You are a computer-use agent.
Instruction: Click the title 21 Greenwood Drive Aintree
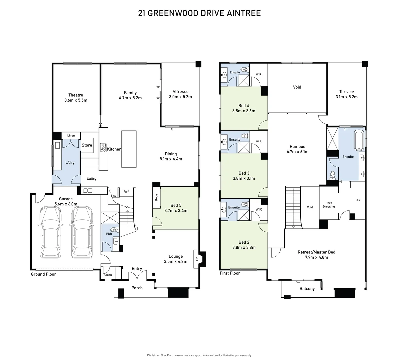pos(199,13)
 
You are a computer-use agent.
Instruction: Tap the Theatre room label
pos(76,95)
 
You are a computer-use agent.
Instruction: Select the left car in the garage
pos(51,232)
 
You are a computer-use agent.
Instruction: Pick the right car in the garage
pos(82,232)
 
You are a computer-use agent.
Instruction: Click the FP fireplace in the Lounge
pos(197,259)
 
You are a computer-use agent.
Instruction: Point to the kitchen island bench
pos(129,149)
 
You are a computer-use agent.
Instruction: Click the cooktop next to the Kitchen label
pos(103,147)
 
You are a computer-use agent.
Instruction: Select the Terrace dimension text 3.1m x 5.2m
pos(346,97)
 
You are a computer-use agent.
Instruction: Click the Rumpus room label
pos(297,146)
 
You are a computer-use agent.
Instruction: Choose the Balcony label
pos(307,289)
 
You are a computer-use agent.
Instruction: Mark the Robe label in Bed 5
pos(156,197)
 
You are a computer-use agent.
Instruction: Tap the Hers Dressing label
pos(329,205)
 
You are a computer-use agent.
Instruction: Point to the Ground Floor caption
pos(43,274)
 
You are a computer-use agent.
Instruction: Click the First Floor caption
pos(230,273)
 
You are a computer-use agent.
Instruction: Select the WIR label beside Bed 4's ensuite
pos(259,74)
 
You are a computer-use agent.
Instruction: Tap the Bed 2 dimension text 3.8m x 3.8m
pos(244,248)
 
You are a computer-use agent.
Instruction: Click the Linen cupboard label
pos(71,136)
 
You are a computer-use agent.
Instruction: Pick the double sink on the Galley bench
pos(88,191)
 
